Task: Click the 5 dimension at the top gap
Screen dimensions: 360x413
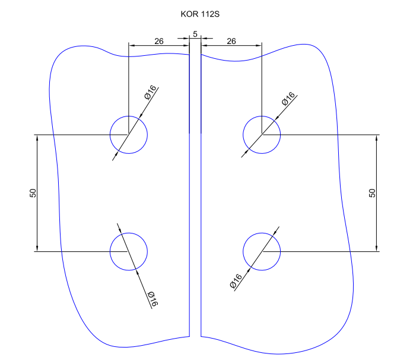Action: pos(195,34)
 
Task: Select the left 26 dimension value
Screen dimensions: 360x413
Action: pos(159,41)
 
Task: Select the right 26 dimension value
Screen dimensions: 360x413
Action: pos(231,41)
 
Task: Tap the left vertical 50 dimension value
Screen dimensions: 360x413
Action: pos(33,193)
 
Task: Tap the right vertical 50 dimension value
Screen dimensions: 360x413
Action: pos(372,193)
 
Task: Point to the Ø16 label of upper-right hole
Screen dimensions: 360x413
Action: pos(288,99)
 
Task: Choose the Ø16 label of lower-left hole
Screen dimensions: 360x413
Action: pos(152,299)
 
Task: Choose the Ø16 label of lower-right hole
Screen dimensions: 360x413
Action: pos(236,281)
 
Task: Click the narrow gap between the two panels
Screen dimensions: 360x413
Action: pos(195,196)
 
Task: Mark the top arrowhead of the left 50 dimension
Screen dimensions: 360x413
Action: pos(37,138)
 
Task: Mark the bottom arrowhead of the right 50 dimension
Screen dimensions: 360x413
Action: pos(377,248)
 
